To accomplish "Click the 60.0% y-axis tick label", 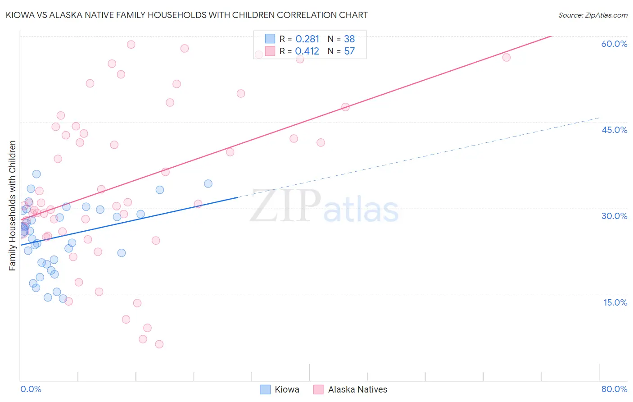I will tap(614, 44).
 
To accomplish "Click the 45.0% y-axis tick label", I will tap(614, 130).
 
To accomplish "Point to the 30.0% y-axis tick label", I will tap(614, 216).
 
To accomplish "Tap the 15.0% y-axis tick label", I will tap(615, 302).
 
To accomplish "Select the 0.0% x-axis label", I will tap(31, 389).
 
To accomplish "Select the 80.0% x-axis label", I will tap(614, 389).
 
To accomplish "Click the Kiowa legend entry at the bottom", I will tap(286, 389).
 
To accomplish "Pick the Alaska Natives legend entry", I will tap(357, 389).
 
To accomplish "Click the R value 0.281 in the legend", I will tap(307, 39).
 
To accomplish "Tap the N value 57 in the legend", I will tap(349, 51).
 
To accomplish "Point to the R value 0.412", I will tap(307, 51).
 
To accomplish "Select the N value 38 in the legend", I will tap(349, 39).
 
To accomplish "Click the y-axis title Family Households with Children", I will tap(12, 206).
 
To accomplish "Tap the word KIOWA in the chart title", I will tap(19, 15).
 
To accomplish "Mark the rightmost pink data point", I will tap(506, 57).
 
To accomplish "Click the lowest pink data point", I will tap(159, 344).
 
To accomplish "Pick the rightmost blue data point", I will tap(208, 183).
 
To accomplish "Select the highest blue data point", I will tap(36, 174).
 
